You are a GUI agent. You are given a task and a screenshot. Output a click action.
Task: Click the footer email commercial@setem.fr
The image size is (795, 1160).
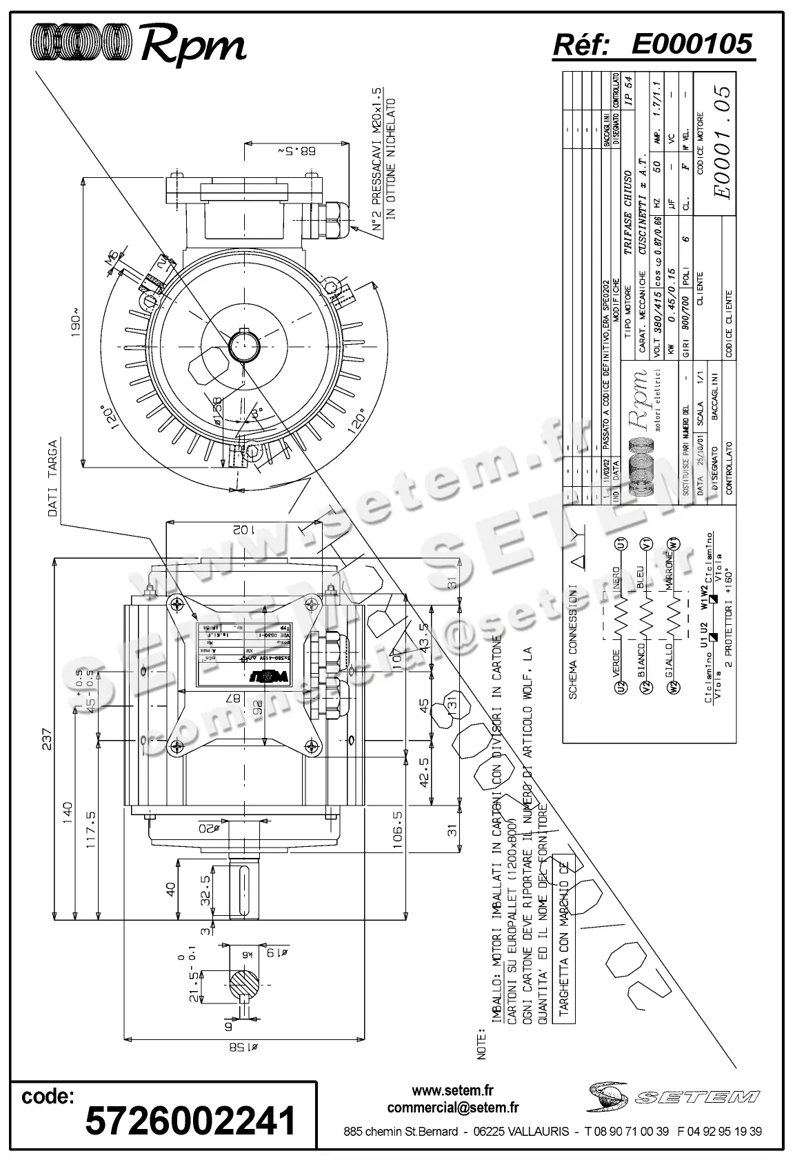452,1108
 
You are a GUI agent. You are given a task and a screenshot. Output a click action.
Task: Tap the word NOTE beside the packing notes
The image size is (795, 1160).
482,1044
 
